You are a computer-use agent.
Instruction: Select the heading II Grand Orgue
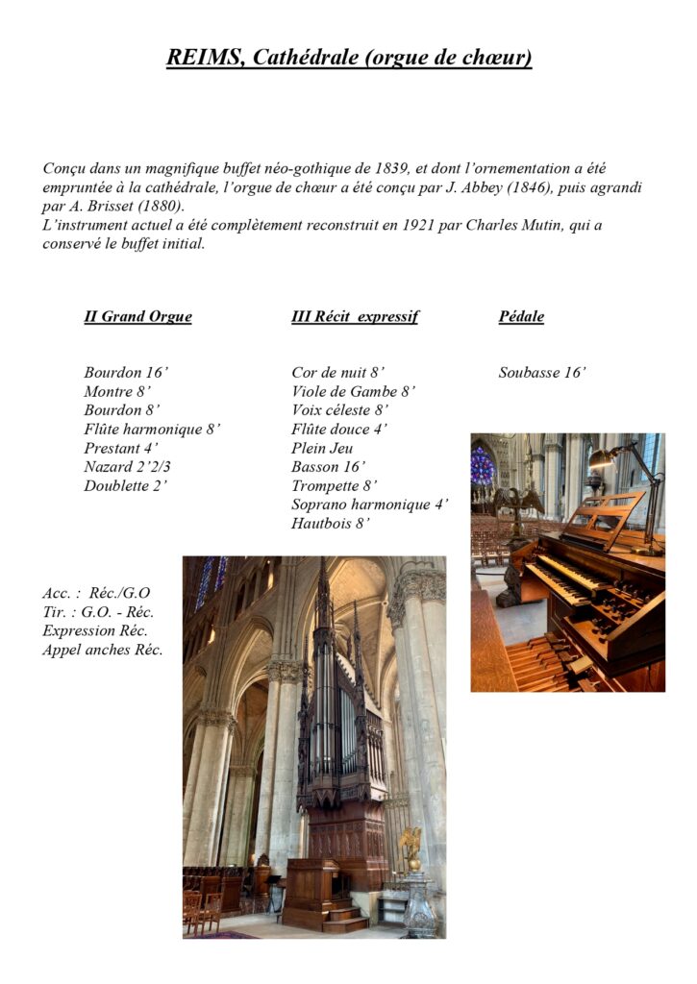pyautogui.click(x=137, y=316)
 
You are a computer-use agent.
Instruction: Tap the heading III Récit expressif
pyautogui.click(x=355, y=316)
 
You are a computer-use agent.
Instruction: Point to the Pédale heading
pyautogui.click(x=521, y=316)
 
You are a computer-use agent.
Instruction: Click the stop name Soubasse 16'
pyautogui.click(x=542, y=373)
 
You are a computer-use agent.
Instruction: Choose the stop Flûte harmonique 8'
pyautogui.click(x=152, y=430)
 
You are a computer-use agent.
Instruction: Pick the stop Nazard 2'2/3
pyautogui.click(x=128, y=467)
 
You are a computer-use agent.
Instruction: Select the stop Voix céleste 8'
pyautogui.click(x=340, y=410)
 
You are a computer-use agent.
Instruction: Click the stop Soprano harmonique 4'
pyautogui.click(x=370, y=504)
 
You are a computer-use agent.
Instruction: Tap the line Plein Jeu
pyautogui.click(x=322, y=448)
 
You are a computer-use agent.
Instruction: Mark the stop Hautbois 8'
pyautogui.click(x=331, y=524)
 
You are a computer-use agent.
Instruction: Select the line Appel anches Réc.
pyautogui.click(x=102, y=650)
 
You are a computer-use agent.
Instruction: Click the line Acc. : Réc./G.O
pyautogui.click(x=96, y=593)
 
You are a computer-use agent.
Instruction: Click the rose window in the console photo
pyautogui.click(x=482, y=467)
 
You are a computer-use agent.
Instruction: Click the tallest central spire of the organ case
pyautogui.click(x=323, y=596)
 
